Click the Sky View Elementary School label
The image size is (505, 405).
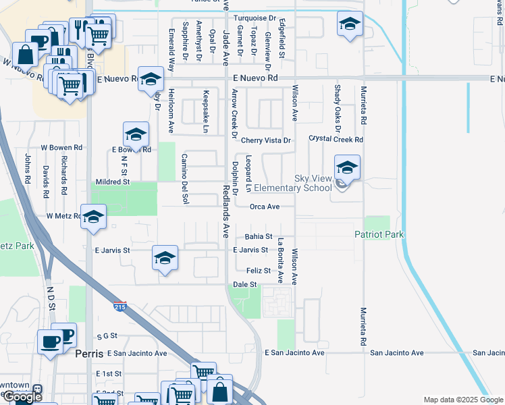(313, 183)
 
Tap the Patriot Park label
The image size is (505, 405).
(379, 234)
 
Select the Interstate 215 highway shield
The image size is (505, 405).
(120, 306)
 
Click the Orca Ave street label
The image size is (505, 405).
(264, 207)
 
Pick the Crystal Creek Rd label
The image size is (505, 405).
(336, 140)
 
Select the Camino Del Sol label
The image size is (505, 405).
(183, 178)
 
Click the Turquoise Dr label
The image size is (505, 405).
(255, 18)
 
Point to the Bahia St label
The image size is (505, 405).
(259, 237)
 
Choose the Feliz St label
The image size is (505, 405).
(258, 271)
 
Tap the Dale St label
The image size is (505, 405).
(245, 285)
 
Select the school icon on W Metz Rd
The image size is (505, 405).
(94, 217)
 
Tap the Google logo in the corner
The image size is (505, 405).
(22, 397)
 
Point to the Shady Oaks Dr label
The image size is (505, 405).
(336, 104)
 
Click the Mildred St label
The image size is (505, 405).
(112, 182)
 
